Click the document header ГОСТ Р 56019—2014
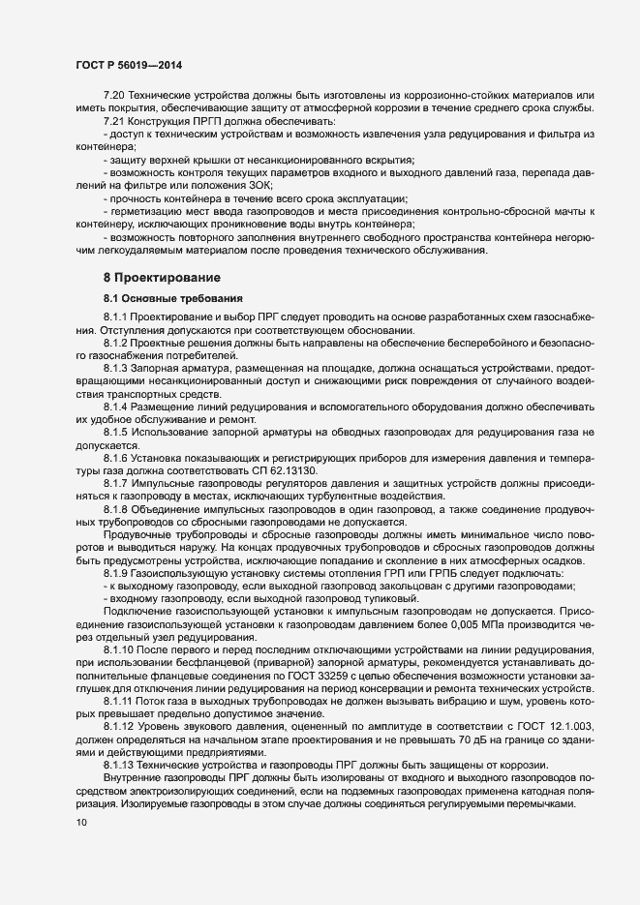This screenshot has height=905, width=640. pos(129,64)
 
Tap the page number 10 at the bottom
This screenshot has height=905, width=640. pos(80,823)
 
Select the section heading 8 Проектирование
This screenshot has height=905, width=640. pos(161,278)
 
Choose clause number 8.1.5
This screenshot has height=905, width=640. pos(116,430)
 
